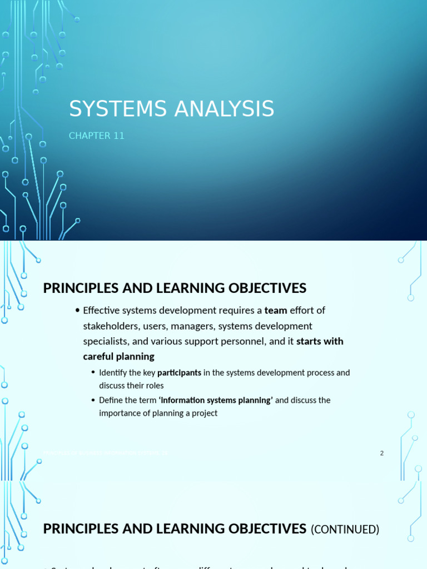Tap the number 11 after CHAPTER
118,136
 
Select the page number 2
382,453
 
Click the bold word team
276,310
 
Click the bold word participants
179,372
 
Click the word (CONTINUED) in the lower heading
345,530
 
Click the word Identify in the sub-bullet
114,372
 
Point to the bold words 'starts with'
320,341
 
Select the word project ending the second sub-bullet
204,413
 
